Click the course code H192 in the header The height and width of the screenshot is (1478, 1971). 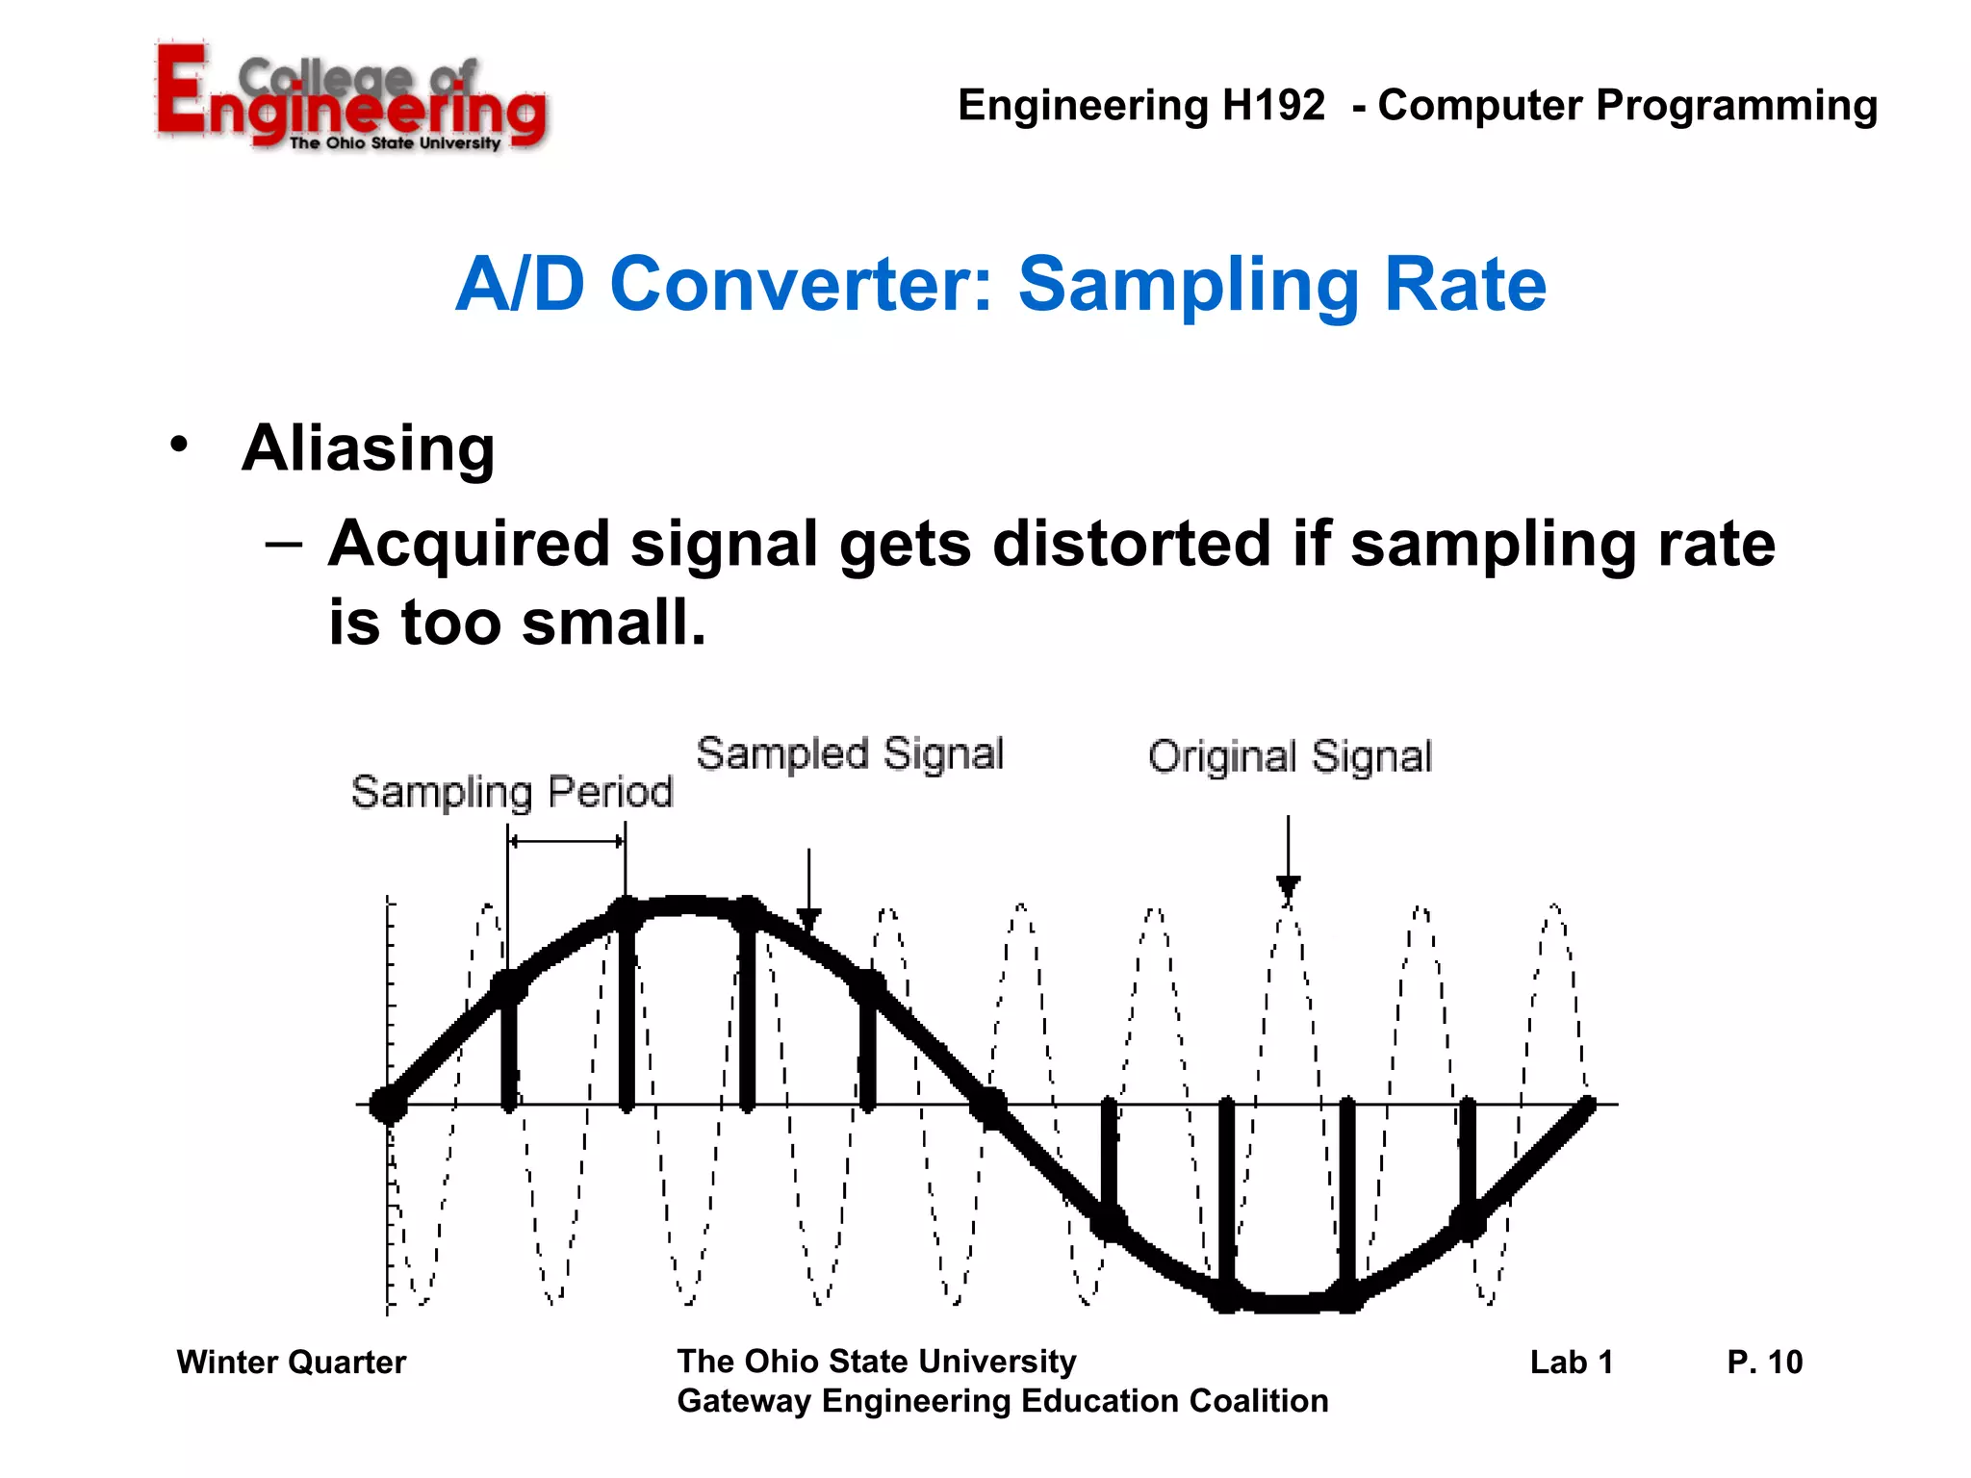[x=1272, y=105]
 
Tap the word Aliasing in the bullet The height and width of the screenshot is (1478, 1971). [x=368, y=448]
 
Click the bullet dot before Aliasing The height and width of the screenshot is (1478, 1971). [x=179, y=445]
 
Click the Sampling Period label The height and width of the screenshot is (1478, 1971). [x=511, y=792]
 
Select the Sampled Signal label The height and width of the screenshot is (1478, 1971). [x=850, y=753]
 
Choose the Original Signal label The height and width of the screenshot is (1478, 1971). [x=1290, y=756]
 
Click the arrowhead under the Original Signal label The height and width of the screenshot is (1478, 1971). [x=1288, y=886]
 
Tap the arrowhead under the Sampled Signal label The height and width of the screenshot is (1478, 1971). [x=809, y=919]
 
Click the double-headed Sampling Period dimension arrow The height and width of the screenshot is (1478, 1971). [x=566, y=841]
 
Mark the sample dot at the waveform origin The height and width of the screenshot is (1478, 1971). [x=389, y=1105]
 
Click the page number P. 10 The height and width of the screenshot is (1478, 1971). [x=1764, y=1362]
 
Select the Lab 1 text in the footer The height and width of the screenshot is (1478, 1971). [x=1571, y=1362]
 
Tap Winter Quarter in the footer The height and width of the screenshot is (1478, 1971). [x=291, y=1362]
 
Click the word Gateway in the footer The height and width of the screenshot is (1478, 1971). [x=744, y=1401]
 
